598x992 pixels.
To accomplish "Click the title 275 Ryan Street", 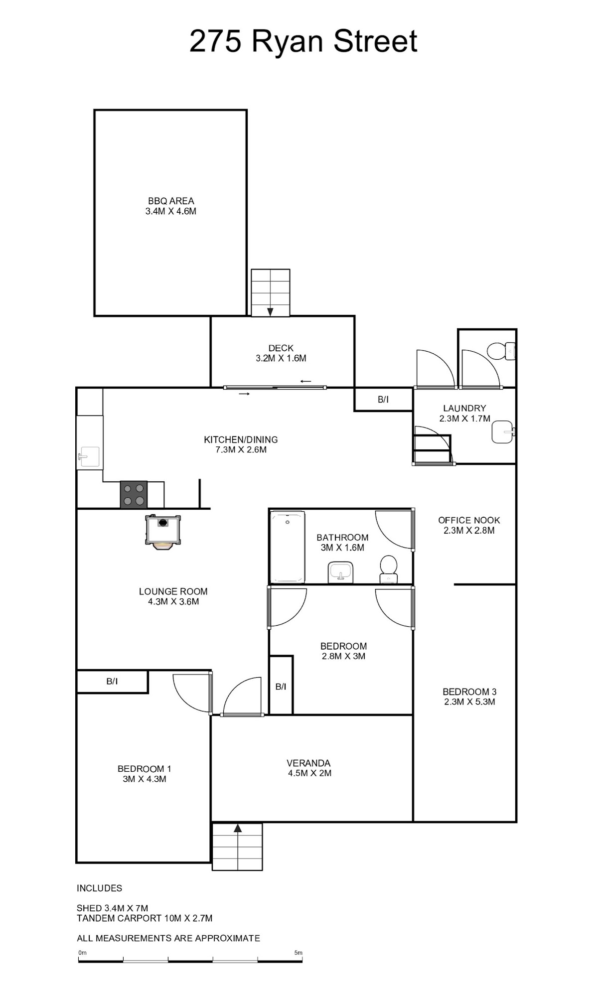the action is pyautogui.click(x=303, y=41).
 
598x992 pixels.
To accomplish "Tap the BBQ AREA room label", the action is pyautogui.click(x=171, y=201).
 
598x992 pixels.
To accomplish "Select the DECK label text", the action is pyautogui.click(x=281, y=348).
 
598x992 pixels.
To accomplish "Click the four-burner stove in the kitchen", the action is pyautogui.click(x=134, y=494).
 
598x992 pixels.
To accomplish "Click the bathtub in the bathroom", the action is pyautogui.click(x=288, y=547).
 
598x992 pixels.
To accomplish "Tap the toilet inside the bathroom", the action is pyautogui.click(x=388, y=569).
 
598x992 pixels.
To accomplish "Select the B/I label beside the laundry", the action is pyautogui.click(x=383, y=400).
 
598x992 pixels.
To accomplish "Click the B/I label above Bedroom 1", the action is pyautogui.click(x=112, y=681).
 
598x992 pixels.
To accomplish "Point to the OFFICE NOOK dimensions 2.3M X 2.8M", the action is pyautogui.click(x=469, y=531).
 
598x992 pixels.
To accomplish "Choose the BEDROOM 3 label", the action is pyautogui.click(x=469, y=692).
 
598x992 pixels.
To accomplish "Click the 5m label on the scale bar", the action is pyautogui.click(x=299, y=953).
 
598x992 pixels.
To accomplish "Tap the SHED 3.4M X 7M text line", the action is pyautogui.click(x=112, y=908).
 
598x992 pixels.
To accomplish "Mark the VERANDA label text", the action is pyautogui.click(x=308, y=763).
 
